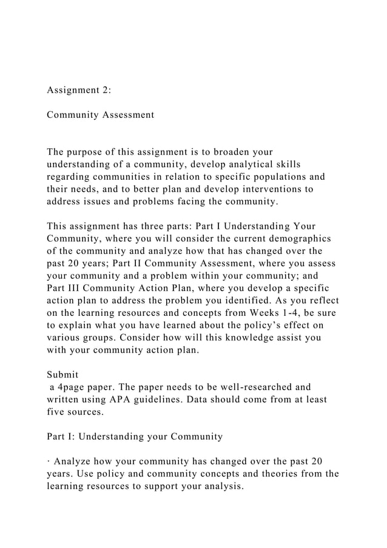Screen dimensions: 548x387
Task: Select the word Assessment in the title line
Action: pyautogui.click(x=126, y=114)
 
